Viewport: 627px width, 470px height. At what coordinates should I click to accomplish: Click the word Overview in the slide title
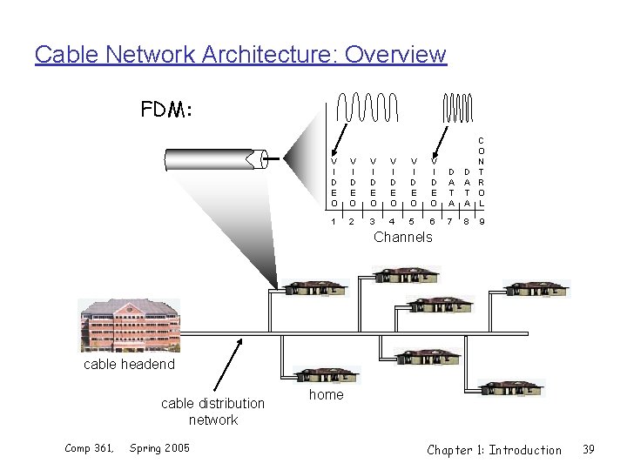(396, 55)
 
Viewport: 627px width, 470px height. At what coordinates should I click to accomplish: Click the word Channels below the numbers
(402, 237)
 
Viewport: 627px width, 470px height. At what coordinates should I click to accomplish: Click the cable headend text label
(129, 364)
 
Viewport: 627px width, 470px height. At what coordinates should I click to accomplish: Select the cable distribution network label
(212, 411)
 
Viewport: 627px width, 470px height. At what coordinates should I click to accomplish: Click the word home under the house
(327, 394)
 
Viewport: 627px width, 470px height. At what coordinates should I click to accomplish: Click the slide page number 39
(588, 449)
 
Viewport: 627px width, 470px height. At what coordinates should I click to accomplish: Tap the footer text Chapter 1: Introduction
(494, 449)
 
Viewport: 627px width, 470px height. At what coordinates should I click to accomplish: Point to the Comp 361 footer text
(90, 448)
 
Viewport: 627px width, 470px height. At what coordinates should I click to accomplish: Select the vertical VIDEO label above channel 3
(373, 182)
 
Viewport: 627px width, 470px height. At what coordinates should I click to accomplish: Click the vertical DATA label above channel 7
(451, 187)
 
